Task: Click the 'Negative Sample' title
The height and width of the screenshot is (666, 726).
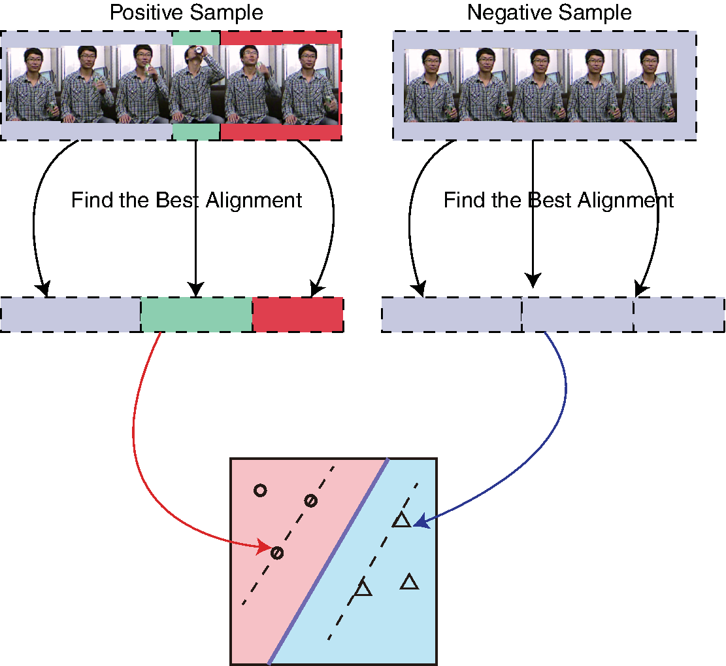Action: click(549, 12)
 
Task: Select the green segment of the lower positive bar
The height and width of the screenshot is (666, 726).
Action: click(196, 314)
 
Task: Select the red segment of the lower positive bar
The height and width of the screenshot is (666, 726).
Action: click(297, 314)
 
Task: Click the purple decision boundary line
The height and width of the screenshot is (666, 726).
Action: click(327, 563)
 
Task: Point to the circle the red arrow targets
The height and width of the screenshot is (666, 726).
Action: click(277, 553)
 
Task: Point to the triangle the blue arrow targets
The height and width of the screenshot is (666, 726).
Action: click(401, 521)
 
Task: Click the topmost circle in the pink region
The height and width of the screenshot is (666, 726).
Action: click(260, 490)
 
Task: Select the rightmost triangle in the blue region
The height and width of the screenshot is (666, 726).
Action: click(409, 582)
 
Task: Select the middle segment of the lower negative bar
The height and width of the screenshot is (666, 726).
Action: click(577, 314)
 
